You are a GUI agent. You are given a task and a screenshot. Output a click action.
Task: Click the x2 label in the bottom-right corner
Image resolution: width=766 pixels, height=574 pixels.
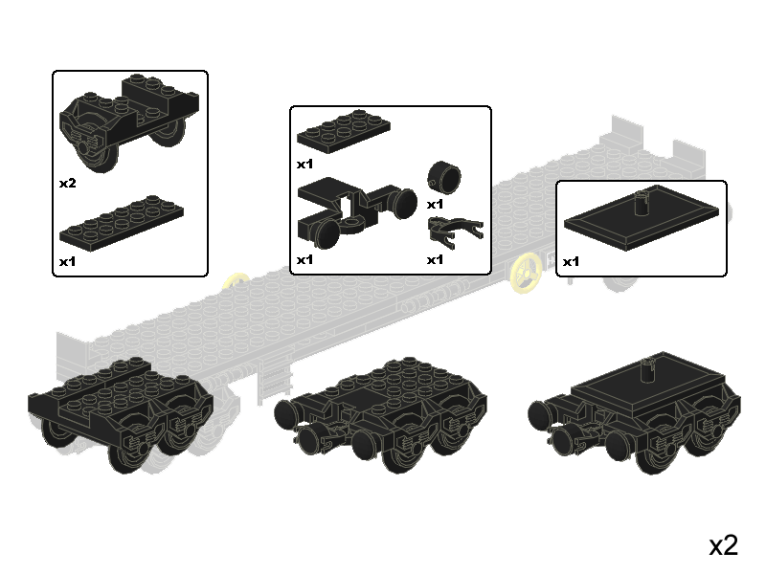point(723,545)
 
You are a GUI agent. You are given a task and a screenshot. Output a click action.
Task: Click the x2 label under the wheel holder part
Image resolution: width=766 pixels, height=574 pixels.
point(68,183)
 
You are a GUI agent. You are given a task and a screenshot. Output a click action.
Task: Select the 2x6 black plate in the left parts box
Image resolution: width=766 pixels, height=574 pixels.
point(122,224)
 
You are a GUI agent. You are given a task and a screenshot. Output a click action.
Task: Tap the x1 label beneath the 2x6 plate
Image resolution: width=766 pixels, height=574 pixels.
point(68,261)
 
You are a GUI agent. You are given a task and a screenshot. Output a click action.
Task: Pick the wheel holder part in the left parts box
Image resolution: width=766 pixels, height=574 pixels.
point(129,122)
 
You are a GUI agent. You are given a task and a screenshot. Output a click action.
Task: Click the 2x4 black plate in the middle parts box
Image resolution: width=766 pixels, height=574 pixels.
point(344,131)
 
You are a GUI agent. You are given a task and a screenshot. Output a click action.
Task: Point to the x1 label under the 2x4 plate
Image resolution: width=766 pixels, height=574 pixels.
point(304,164)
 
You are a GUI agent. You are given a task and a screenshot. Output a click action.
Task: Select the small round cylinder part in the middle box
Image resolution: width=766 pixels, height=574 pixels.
point(444,178)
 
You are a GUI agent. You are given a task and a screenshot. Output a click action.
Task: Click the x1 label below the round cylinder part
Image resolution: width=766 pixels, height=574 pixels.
point(436,204)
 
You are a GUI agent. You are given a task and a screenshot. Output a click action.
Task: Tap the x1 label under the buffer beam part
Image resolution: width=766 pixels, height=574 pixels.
point(304,259)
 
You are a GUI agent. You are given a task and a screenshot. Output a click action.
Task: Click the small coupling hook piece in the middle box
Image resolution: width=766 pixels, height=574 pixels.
point(456,232)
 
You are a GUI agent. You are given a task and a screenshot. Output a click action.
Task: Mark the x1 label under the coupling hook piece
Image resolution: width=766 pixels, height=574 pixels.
point(436,259)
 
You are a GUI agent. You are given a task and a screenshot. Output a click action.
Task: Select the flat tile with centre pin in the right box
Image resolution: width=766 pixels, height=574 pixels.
point(642,218)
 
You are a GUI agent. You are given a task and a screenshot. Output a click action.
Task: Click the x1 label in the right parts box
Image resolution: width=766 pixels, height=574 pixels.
point(571,261)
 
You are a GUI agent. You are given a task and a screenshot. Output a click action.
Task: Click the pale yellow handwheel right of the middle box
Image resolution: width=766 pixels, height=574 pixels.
point(526,274)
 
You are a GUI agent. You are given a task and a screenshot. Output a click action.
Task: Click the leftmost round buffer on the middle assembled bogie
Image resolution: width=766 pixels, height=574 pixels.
point(285,414)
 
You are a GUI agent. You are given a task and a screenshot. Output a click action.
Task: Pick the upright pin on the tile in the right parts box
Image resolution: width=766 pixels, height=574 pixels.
point(641,204)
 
